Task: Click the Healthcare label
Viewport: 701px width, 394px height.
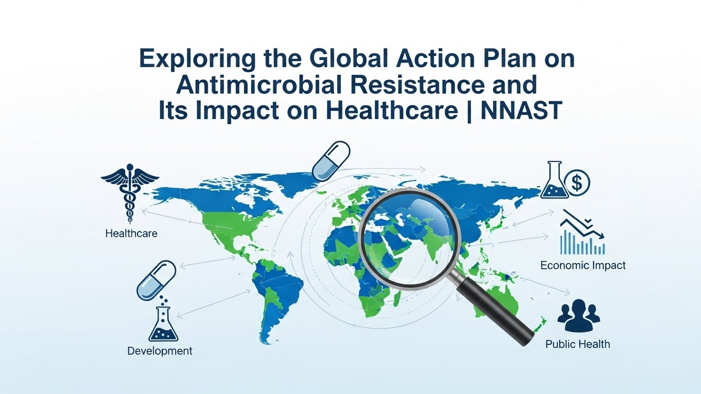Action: click(131, 233)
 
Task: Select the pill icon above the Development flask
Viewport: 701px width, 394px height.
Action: click(156, 280)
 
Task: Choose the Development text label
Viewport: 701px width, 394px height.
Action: click(160, 351)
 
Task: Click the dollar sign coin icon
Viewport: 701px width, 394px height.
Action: click(577, 182)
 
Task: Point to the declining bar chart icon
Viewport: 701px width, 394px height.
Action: click(582, 233)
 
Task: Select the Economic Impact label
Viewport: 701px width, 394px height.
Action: click(583, 266)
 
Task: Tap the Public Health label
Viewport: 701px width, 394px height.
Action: click(578, 344)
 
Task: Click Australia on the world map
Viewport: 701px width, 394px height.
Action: click(508, 303)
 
